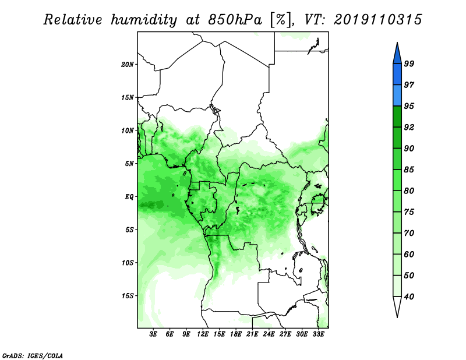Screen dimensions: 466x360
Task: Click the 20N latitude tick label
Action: pyautogui.click(x=128, y=65)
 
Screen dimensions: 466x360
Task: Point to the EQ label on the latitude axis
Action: pyautogui.click(x=129, y=197)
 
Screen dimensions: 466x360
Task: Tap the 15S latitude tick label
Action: pyautogui.click(x=128, y=296)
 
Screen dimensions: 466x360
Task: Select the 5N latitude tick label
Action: pyautogui.click(x=129, y=164)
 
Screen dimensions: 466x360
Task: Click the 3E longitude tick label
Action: pyautogui.click(x=153, y=334)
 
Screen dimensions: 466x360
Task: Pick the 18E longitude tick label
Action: pyautogui.click(x=236, y=334)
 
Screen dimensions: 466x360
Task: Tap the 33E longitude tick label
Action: pyautogui.click(x=318, y=334)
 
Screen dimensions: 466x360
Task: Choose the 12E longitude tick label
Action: pyautogui.click(x=203, y=334)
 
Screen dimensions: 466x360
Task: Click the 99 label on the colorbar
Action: pyautogui.click(x=409, y=63)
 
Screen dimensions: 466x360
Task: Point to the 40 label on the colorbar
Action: pyautogui.click(x=409, y=297)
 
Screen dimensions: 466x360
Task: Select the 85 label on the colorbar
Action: pyautogui.click(x=409, y=170)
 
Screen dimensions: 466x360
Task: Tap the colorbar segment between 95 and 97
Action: pyautogui.click(x=397, y=96)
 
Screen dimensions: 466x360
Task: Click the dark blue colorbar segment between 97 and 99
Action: pyautogui.click(x=397, y=75)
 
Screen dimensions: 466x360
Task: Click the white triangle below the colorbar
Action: pyautogui.click(x=397, y=306)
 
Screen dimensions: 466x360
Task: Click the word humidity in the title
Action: pyautogui.click(x=144, y=20)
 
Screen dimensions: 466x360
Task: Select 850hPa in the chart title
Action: pyautogui.click(x=235, y=20)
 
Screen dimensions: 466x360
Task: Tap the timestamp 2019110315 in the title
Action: pyautogui.click(x=377, y=20)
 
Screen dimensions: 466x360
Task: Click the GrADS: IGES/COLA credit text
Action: pyautogui.click(x=33, y=355)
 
